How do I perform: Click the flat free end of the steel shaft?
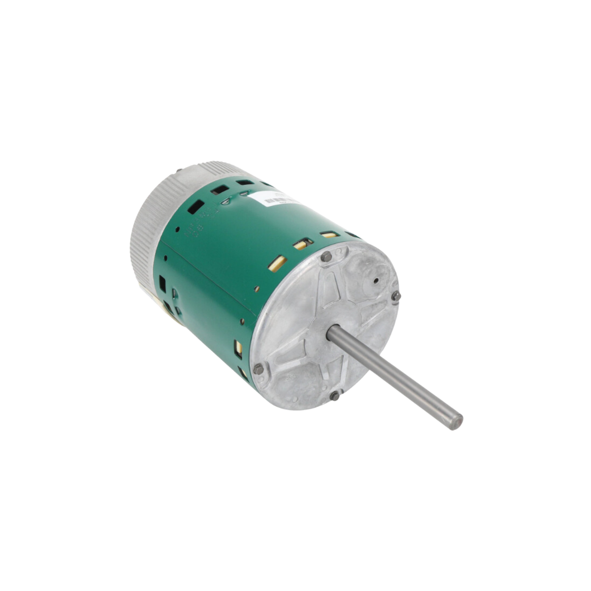coord(457,421)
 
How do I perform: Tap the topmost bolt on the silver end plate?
coord(326,256)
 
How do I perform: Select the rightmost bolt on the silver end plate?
coord(396,295)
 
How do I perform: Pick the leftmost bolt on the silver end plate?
coord(259,369)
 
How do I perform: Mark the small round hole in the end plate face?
coord(376,280)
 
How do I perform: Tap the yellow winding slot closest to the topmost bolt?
coord(330,235)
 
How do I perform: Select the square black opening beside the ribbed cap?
coord(162,283)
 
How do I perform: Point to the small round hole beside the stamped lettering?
coord(178,229)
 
